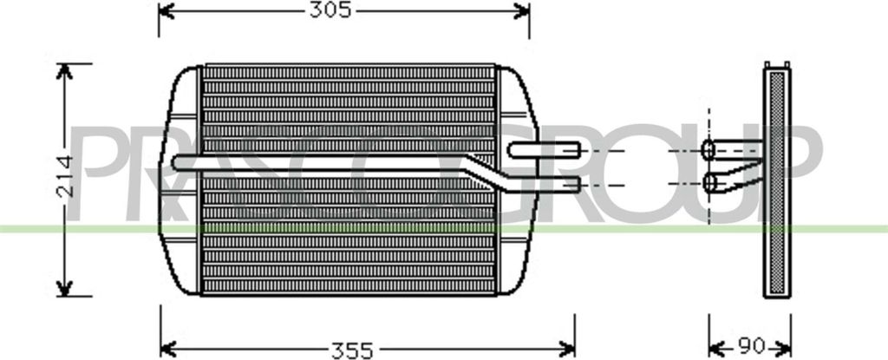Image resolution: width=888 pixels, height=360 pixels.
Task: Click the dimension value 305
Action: coord(330,10)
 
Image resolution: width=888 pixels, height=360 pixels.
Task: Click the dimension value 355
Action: coord(352,350)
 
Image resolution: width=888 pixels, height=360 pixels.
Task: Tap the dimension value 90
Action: coord(752,345)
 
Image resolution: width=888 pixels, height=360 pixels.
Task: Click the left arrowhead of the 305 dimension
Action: coord(166,10)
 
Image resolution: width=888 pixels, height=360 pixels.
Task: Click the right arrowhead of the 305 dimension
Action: coord(521,10)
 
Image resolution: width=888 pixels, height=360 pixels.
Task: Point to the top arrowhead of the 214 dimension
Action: coord(64,71)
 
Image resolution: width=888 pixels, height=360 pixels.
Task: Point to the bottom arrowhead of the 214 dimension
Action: coord(64,288)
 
